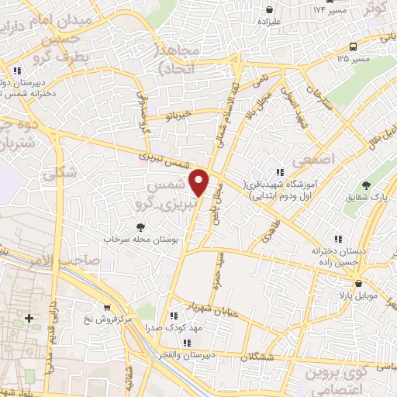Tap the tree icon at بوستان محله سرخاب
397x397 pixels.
[140, 227]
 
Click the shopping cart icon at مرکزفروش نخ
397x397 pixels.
[105, 307]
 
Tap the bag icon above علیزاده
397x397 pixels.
[269, 10]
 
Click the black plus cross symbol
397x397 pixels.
[29, 318]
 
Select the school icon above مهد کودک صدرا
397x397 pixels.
[173, 316]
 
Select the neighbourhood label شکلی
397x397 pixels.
[61, 174]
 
